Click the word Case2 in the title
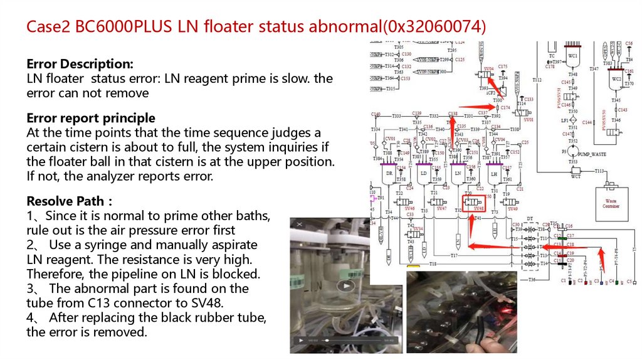[x=48, y=27]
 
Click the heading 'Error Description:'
[x=80, y=64]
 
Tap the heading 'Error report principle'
[x=90, y=118]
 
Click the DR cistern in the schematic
[x=389, y=174]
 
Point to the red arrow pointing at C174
[x=473, y=107]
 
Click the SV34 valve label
[x=419, y=229]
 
